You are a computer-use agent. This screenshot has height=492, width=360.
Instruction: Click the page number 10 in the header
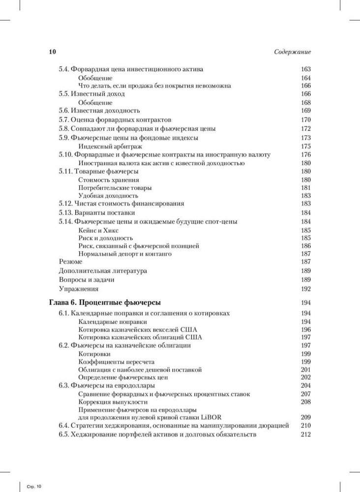pos(52,52)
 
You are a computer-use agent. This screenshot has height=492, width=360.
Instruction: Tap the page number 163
pos(305,69)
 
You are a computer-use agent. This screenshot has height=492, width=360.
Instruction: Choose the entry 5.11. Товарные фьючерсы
pos(98,171)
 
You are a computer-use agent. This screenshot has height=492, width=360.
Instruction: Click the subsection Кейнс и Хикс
pos(98,230)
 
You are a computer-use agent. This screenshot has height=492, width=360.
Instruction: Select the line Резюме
pos(70,262)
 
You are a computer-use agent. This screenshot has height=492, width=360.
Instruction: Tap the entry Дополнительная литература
pos(103,271)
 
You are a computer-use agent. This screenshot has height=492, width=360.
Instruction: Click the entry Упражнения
pos(79,289)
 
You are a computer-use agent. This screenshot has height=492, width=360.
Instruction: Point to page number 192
pos(305,289)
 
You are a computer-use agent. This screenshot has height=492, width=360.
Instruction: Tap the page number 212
pos(305,434)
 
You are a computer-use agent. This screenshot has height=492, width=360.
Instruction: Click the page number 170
pos(305,120)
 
